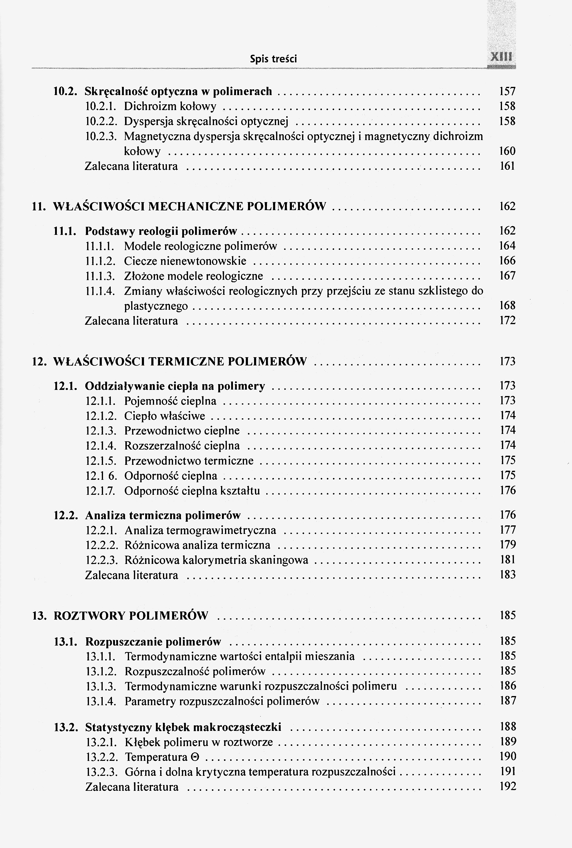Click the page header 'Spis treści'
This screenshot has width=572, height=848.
coord(273,59)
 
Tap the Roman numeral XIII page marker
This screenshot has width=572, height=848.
coord(502,58)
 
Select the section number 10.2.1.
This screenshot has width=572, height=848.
coord(100,106)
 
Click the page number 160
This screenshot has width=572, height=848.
coord(507,151)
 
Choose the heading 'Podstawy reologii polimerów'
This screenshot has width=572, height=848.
coord(161,231)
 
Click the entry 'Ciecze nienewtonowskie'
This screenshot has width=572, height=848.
coord(185,261)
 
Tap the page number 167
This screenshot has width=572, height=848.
coord(507,276)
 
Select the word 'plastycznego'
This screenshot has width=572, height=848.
coord(156,306)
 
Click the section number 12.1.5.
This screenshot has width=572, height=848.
coord(101,461)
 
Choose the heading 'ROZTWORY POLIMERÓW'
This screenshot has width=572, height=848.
coord(131,616)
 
